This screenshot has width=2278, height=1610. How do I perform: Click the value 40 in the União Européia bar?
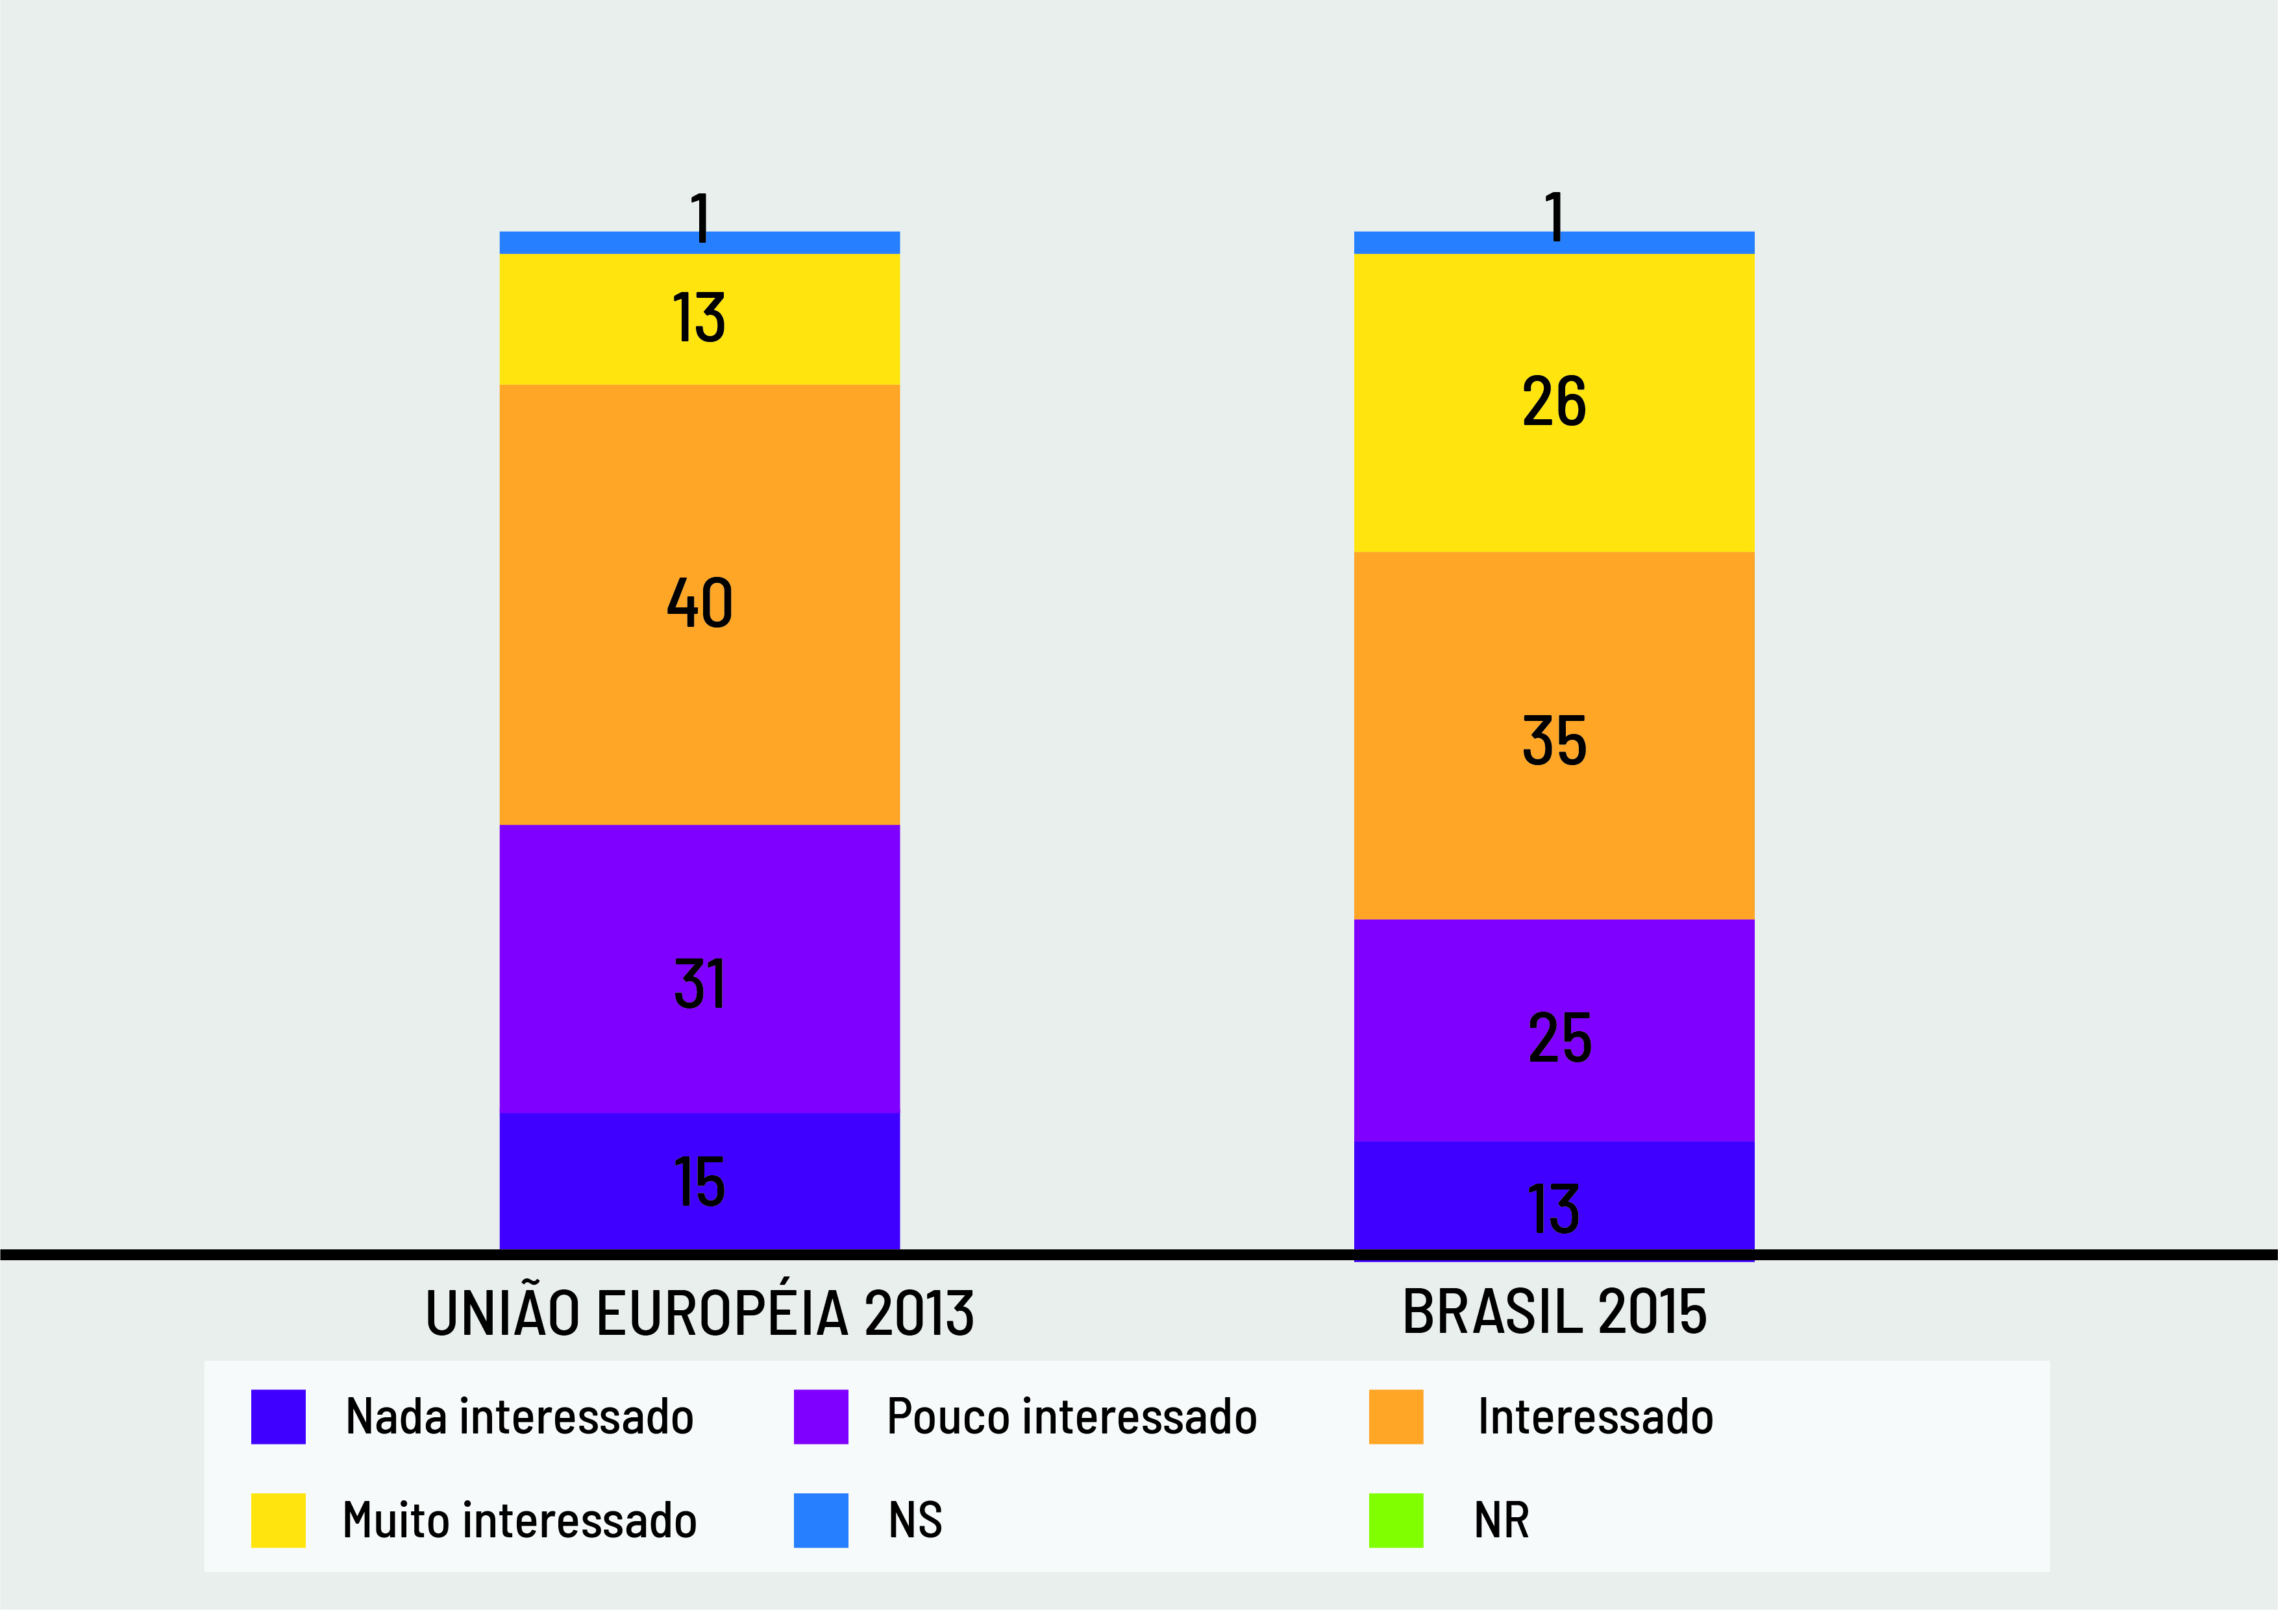[x=699, y=602]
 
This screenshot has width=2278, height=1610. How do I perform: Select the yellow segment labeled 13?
[x=699, y=319]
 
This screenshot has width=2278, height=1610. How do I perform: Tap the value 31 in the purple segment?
[x=699, y=983]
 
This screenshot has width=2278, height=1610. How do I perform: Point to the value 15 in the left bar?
[x=699, y=1182]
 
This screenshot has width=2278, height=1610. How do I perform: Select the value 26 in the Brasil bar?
[x=1554, y=402]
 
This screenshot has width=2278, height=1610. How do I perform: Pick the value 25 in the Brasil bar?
[x=1559, y=1038]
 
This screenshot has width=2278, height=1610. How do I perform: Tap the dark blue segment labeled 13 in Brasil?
[x=1554, y=1208]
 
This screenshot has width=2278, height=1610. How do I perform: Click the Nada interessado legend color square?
[x=278, y=1417]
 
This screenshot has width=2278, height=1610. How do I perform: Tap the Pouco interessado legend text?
[x=1072, y=1417]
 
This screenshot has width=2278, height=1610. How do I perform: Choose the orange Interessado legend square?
[x=1395, y=1417]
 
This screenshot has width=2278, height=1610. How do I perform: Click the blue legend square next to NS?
[x=821, y=1520]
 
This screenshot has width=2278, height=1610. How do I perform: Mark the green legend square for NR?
[x=1395, y=1520]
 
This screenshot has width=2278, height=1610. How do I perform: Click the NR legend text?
[x=1501, y=1520]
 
